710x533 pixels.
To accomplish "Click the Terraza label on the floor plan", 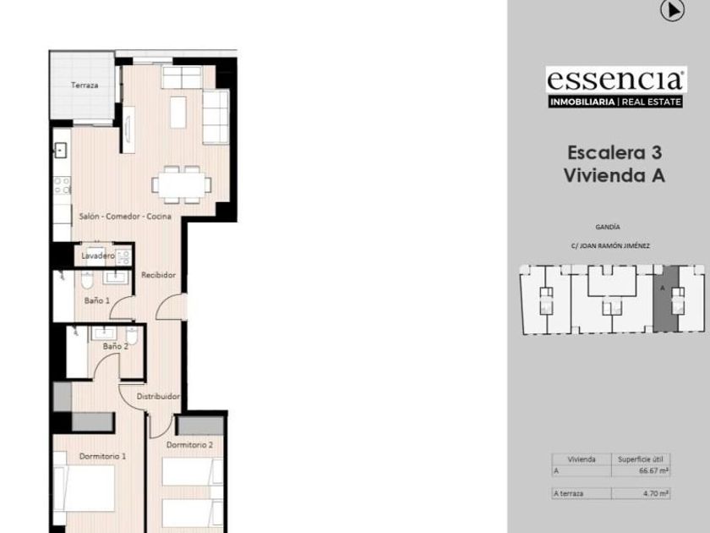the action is click(85, 85).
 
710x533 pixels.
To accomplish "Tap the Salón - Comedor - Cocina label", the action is click(125, 217).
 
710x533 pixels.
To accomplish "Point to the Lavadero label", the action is click(98, 256).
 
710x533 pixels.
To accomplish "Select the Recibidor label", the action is click(158, 275).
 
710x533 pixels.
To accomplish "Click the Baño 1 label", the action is click(97, 300).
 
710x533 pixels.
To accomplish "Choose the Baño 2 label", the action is click(116, 346).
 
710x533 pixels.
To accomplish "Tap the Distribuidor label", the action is click(158, 397).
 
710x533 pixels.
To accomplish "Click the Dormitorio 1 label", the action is click(102, 456).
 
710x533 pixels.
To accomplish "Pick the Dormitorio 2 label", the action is click(189, 445).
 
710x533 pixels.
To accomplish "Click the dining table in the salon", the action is click(182, 185).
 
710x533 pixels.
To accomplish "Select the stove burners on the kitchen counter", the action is click(62, 185).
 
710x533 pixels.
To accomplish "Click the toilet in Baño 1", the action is click(87, 280).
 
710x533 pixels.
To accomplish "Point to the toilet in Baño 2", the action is click(132, 336).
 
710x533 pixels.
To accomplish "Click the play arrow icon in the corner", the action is click(672, 10).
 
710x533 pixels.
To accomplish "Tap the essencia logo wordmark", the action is click(615, 80).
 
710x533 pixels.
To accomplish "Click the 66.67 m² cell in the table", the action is click(653, 471).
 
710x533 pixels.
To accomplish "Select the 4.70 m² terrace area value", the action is click(656, 493).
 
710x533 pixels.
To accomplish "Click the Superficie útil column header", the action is click(641, 459).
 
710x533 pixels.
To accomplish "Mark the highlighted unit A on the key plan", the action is click(666, 299).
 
